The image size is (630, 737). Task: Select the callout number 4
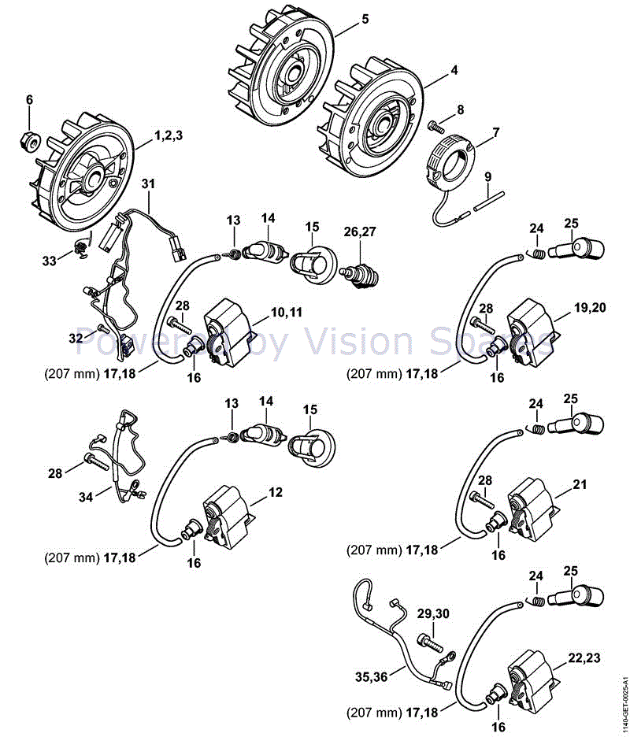pos(454,69)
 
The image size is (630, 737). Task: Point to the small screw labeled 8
pos(435,124)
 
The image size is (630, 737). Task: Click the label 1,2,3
pos(169,135)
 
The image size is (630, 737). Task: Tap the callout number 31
pos(148,183)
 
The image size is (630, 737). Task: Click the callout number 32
pos(75,338)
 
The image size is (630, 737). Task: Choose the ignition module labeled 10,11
pos(228,330)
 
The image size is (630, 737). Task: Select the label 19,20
pos(590,308)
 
